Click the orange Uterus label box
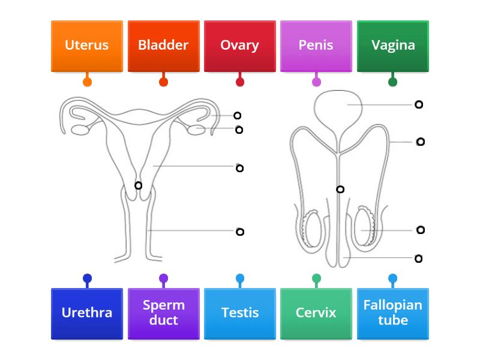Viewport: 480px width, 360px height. pos(87,46)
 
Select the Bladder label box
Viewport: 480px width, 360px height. pos(163,46)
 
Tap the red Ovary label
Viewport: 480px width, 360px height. pos(239,46)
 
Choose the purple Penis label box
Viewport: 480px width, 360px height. pos(316,46)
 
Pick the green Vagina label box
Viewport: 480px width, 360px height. pos(392,46)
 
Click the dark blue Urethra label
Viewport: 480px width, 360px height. pos(87,313)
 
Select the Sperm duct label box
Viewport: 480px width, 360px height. pos(163,313)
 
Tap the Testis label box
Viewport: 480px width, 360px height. pos(239,313)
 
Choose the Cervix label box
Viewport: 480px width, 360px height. pos(316,313)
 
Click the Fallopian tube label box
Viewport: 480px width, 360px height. pos(392,313)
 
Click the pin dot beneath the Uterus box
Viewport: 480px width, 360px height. pos(87,82)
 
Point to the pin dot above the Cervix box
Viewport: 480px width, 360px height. pos(316,278)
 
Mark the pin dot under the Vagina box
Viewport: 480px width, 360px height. pos(392,82)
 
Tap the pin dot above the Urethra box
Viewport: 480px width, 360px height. pos(87,278)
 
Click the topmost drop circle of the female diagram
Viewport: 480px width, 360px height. pos(238,115)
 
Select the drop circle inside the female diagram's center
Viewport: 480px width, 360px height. pos(138,185)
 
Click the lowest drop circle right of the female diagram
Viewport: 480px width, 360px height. pos(240,232)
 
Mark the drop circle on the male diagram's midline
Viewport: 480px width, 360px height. pos(340,189)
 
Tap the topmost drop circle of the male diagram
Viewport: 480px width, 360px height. pos(419,104)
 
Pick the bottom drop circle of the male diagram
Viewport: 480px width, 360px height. pos(419,259)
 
